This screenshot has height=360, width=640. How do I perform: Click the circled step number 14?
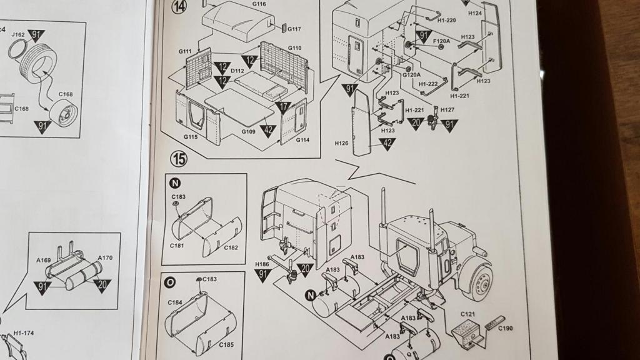click(x=179, y=8)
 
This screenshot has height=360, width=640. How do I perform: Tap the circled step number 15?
click(x=179, y=159)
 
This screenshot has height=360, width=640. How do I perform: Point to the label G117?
click(x=295, y=29)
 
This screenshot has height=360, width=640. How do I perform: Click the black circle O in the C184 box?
click(x=169, y=281)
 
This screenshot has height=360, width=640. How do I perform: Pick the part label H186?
click(x=262, y=265)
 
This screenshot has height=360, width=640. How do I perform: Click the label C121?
click(x=469, y=314)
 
